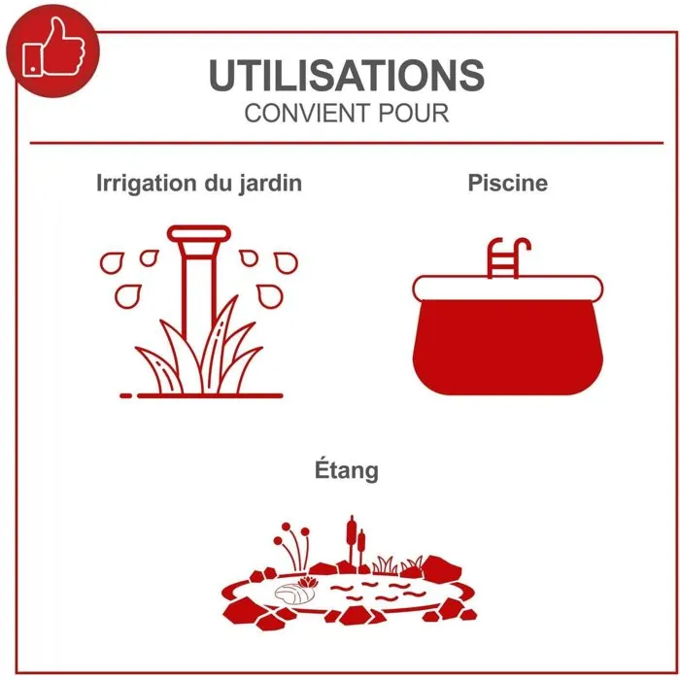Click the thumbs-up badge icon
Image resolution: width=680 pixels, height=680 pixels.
click(52, 51)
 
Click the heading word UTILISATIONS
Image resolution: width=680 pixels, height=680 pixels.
click(346, 75)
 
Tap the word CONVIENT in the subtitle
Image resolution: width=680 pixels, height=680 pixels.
click(308, 114)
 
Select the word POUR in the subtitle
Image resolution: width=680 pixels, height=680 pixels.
click(413, 114)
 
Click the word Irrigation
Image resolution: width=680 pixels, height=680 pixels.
click(146, 184)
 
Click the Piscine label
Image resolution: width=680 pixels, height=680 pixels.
click(507, 183)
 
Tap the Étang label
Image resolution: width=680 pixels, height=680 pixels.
click(347, 470)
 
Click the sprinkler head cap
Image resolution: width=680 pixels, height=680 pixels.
click(199, 234)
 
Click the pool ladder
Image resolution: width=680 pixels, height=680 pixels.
click(506, 258)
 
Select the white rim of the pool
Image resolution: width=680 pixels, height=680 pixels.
click(507, 288)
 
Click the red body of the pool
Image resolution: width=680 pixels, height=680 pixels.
click(507, 347)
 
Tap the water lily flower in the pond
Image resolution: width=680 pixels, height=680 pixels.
click(308, 583)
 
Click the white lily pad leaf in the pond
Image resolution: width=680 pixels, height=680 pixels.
click(294, 594)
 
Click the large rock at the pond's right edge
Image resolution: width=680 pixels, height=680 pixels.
click(442, 568)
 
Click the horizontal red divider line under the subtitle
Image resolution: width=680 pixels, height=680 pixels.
click(347, 143)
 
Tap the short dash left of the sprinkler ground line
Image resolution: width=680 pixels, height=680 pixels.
click(125, 395)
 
